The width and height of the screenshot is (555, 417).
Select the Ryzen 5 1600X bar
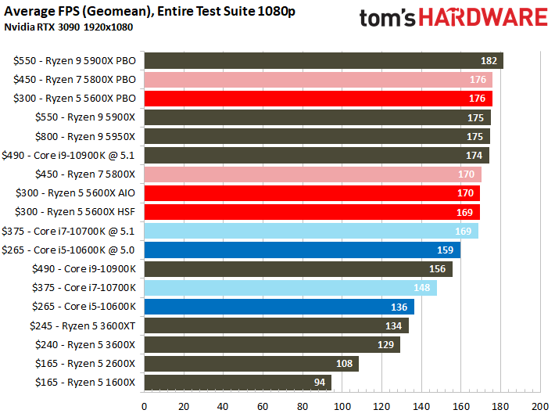pos(235,383)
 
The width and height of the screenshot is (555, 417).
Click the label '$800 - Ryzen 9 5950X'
pos(85,136)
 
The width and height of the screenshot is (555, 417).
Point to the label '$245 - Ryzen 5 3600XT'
pos(82,325)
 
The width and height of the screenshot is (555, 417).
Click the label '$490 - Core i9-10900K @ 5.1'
pos(70,155)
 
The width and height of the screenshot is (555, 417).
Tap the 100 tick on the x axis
pos(342,407)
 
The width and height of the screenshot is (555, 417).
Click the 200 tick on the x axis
pos(539,407)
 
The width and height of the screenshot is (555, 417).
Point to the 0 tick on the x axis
pos(144,407)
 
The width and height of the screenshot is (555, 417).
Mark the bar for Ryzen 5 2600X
pos(250,364)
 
